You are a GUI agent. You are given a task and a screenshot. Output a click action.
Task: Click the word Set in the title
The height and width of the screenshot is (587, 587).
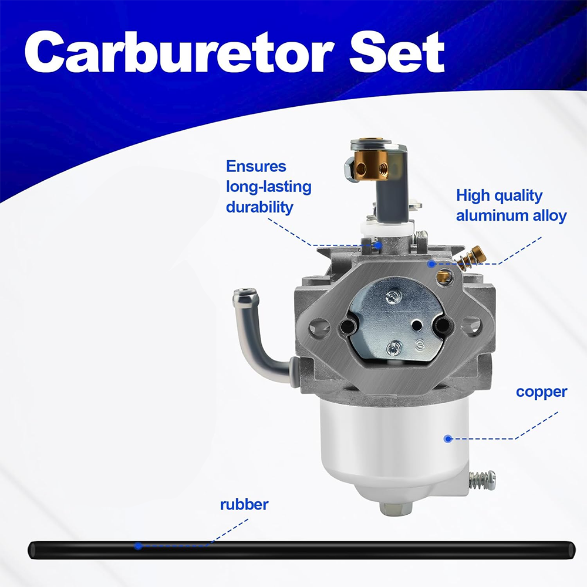[x=397, y=52]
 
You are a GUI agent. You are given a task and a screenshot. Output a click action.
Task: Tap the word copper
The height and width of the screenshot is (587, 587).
[x=541, y=393]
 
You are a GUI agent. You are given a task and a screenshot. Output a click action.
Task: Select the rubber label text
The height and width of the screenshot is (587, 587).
[x=244, y=505]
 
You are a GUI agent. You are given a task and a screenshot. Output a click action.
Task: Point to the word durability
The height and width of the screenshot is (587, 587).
[x=259, y=207]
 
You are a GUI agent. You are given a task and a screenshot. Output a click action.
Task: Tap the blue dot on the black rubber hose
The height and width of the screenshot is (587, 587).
[x=138, y=546]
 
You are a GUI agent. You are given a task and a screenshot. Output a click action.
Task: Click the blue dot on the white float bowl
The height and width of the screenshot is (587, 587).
[x=448, y=438]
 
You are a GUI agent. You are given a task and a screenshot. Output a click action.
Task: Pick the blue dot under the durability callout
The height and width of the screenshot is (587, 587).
[x=379, y=245]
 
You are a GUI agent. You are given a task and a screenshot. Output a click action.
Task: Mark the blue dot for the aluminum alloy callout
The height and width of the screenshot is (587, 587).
[x=431, y=264]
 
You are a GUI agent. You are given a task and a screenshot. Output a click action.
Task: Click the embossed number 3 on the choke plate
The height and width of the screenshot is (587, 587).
[x=420, y=345]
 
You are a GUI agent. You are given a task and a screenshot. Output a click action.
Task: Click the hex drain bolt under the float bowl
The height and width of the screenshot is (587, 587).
[x=396, y=508]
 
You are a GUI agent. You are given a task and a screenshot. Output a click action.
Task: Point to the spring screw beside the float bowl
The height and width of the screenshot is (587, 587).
[x=482, y=480]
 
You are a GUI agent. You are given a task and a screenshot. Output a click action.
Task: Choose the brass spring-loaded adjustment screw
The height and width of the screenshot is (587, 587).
[x=472, y=258]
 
